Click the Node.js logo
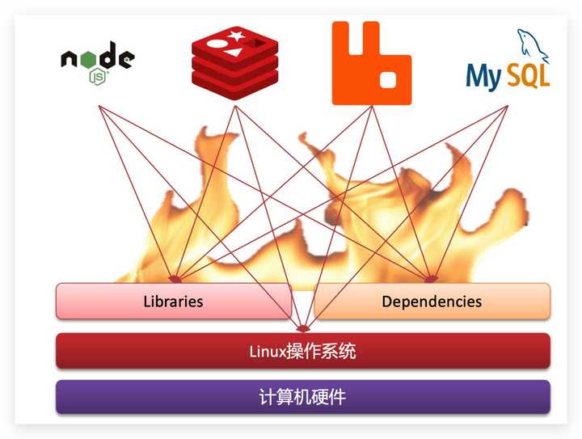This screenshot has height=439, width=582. pos(97,61)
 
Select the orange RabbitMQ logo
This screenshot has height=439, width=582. pos(371,63)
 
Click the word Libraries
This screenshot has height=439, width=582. pos(173,302)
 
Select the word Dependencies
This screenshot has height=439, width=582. pos(432,302)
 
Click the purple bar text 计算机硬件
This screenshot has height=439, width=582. pos(302,397)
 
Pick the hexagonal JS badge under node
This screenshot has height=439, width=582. pos(99,77)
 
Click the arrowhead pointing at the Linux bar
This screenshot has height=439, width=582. pos(302,328)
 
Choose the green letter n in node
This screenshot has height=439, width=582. pos(70,59)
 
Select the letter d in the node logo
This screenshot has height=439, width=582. pos(106,57)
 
